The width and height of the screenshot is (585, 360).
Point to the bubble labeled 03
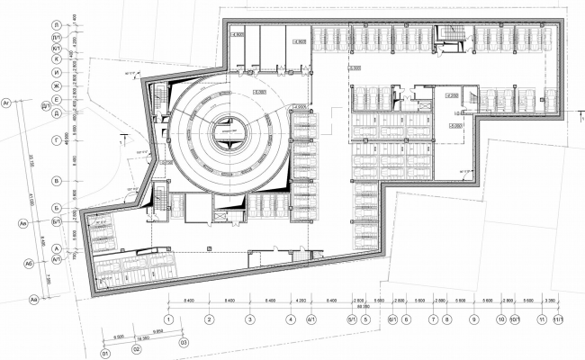(183, 343)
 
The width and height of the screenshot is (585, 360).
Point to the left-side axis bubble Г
(57, 141)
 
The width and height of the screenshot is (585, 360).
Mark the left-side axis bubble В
(57, 181)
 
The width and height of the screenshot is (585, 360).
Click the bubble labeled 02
(137, 348)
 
